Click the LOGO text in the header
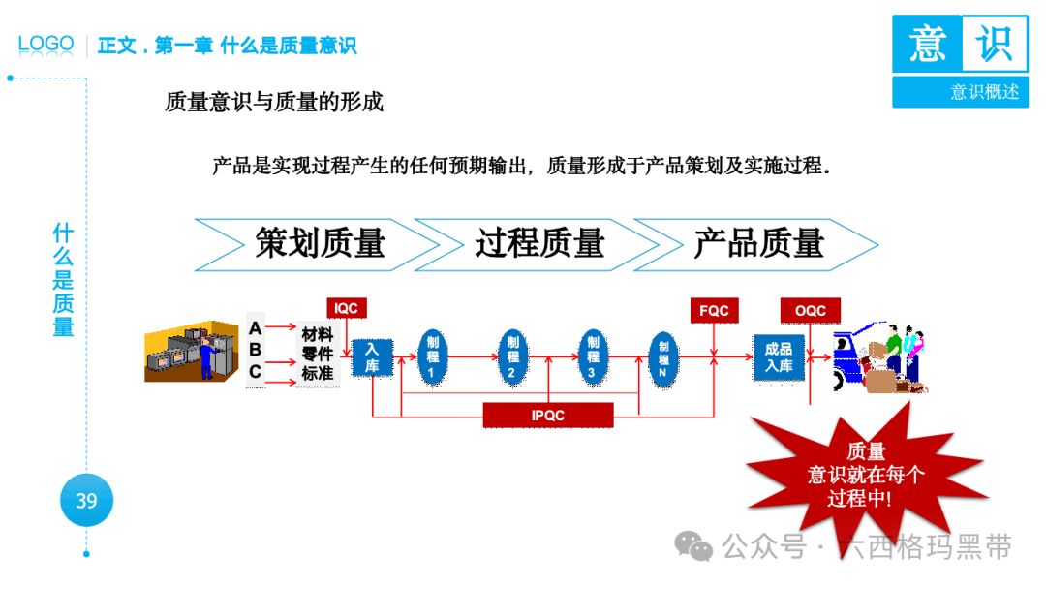tap(46, 44)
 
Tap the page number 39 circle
tap(86, 501)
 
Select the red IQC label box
tap(346, 309)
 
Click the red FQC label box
tap(714, 311)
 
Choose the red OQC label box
tap(810, 311)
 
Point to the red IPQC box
tap(548, 416)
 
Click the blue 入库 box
tap(371, 357)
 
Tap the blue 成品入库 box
tap(779, 356)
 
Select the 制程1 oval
tap(433, 356)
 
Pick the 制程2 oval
tap(512, 356)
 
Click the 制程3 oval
tap(593, 356)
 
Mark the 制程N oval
tap(663, 357)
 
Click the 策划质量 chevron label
tap(320, 244)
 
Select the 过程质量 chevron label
tap(539, 244)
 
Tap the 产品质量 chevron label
tap(758, 244)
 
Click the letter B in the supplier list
tap(256, 350)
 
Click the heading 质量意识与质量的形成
tap(274, 102)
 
